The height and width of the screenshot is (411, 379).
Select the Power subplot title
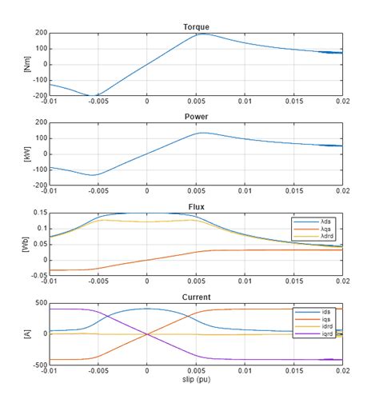(195, 116)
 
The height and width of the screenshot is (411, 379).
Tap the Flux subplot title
(195, 206)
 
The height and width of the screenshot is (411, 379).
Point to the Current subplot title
(195, 296)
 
